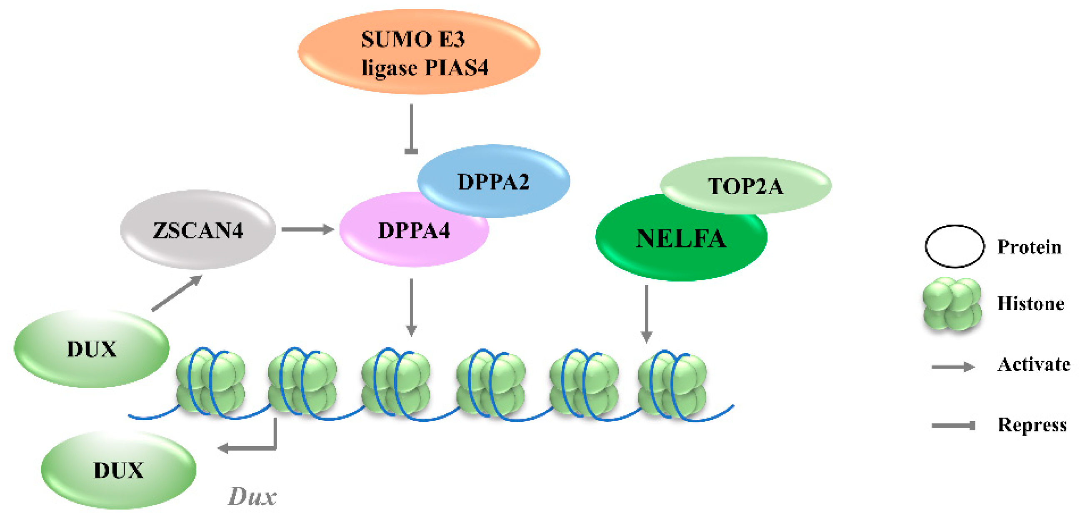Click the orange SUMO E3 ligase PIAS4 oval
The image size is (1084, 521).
[419, 52]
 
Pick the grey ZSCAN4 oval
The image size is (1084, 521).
[198, 230]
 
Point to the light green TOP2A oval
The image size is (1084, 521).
[746, 186]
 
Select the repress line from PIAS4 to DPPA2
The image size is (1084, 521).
[411, 128]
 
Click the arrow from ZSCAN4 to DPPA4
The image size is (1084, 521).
[307, 229]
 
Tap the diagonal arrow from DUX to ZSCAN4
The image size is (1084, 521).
[177, 293]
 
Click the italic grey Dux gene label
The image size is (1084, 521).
[252, 496]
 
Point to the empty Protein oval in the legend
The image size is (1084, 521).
[954, 246]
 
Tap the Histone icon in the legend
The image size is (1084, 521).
[952, 304]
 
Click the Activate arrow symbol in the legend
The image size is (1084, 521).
[953, 366]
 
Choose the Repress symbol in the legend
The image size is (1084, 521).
[954, 426]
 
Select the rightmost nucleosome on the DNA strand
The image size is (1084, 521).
[672, 384]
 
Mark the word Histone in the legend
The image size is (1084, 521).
[1031, 304]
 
